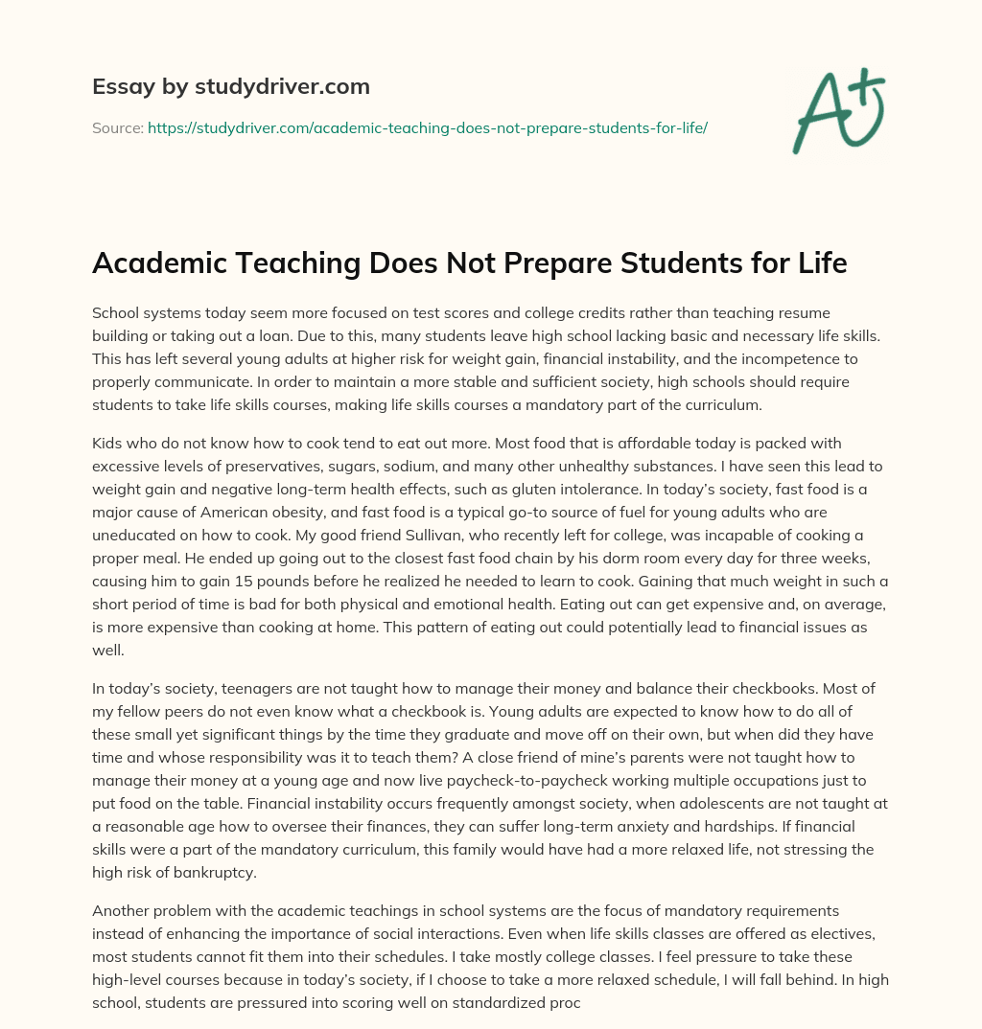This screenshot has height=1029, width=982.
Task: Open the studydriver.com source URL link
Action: pyautogui.click(x=427, y=127)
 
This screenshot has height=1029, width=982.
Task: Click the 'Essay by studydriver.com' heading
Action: pyautogui.click(x=230, y=87)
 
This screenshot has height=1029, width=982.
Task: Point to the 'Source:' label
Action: pyautogui.click(x=117, y=127)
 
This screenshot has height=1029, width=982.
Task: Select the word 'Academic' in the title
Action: pyautogui.click(x=165, y=263)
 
